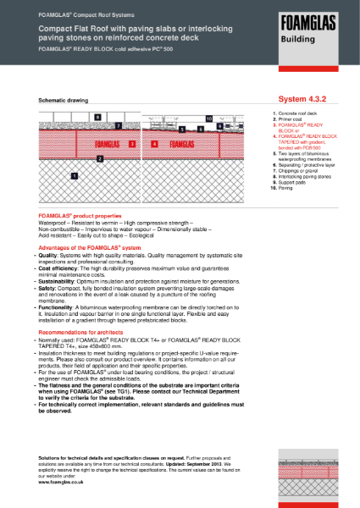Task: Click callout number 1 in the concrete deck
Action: [75, 176]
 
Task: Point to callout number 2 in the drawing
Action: [100, 158]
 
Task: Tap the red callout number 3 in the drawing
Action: [132, 144]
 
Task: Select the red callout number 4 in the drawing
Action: [154, 144]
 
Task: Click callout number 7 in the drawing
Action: [119, 125]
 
